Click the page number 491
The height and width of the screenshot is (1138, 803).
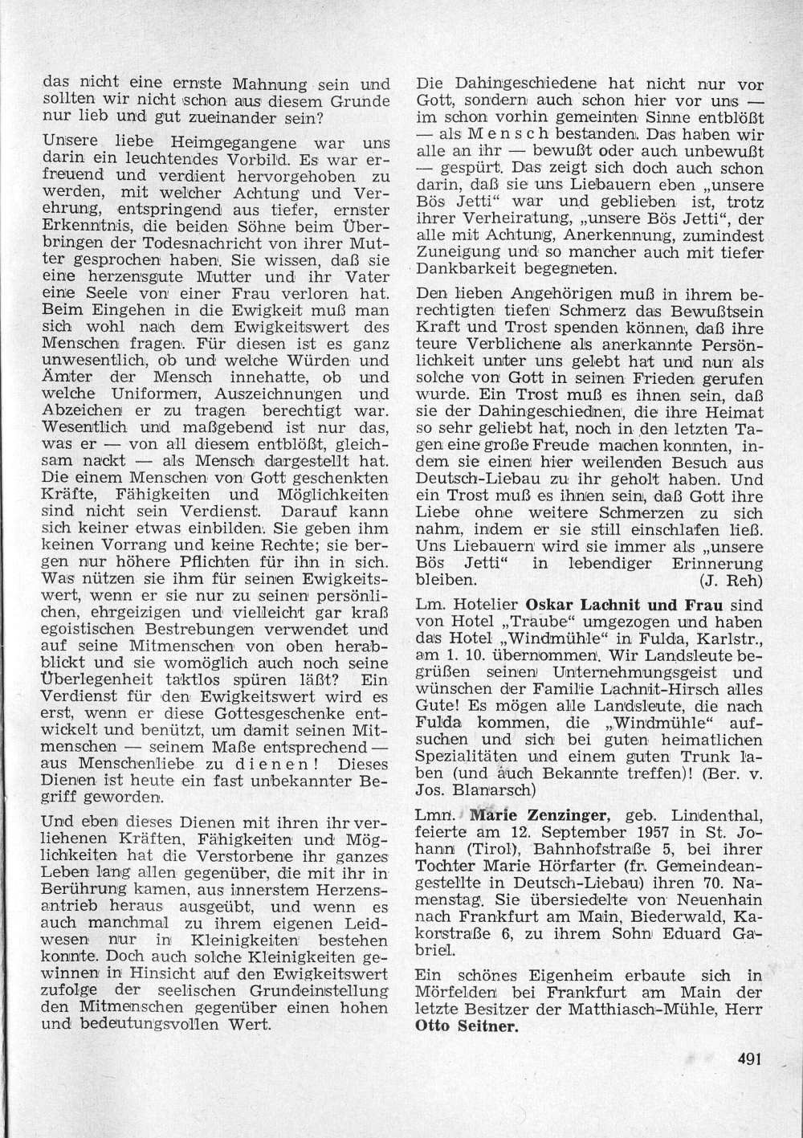[748, 1058]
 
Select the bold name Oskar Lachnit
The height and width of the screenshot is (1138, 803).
[571, 605]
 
